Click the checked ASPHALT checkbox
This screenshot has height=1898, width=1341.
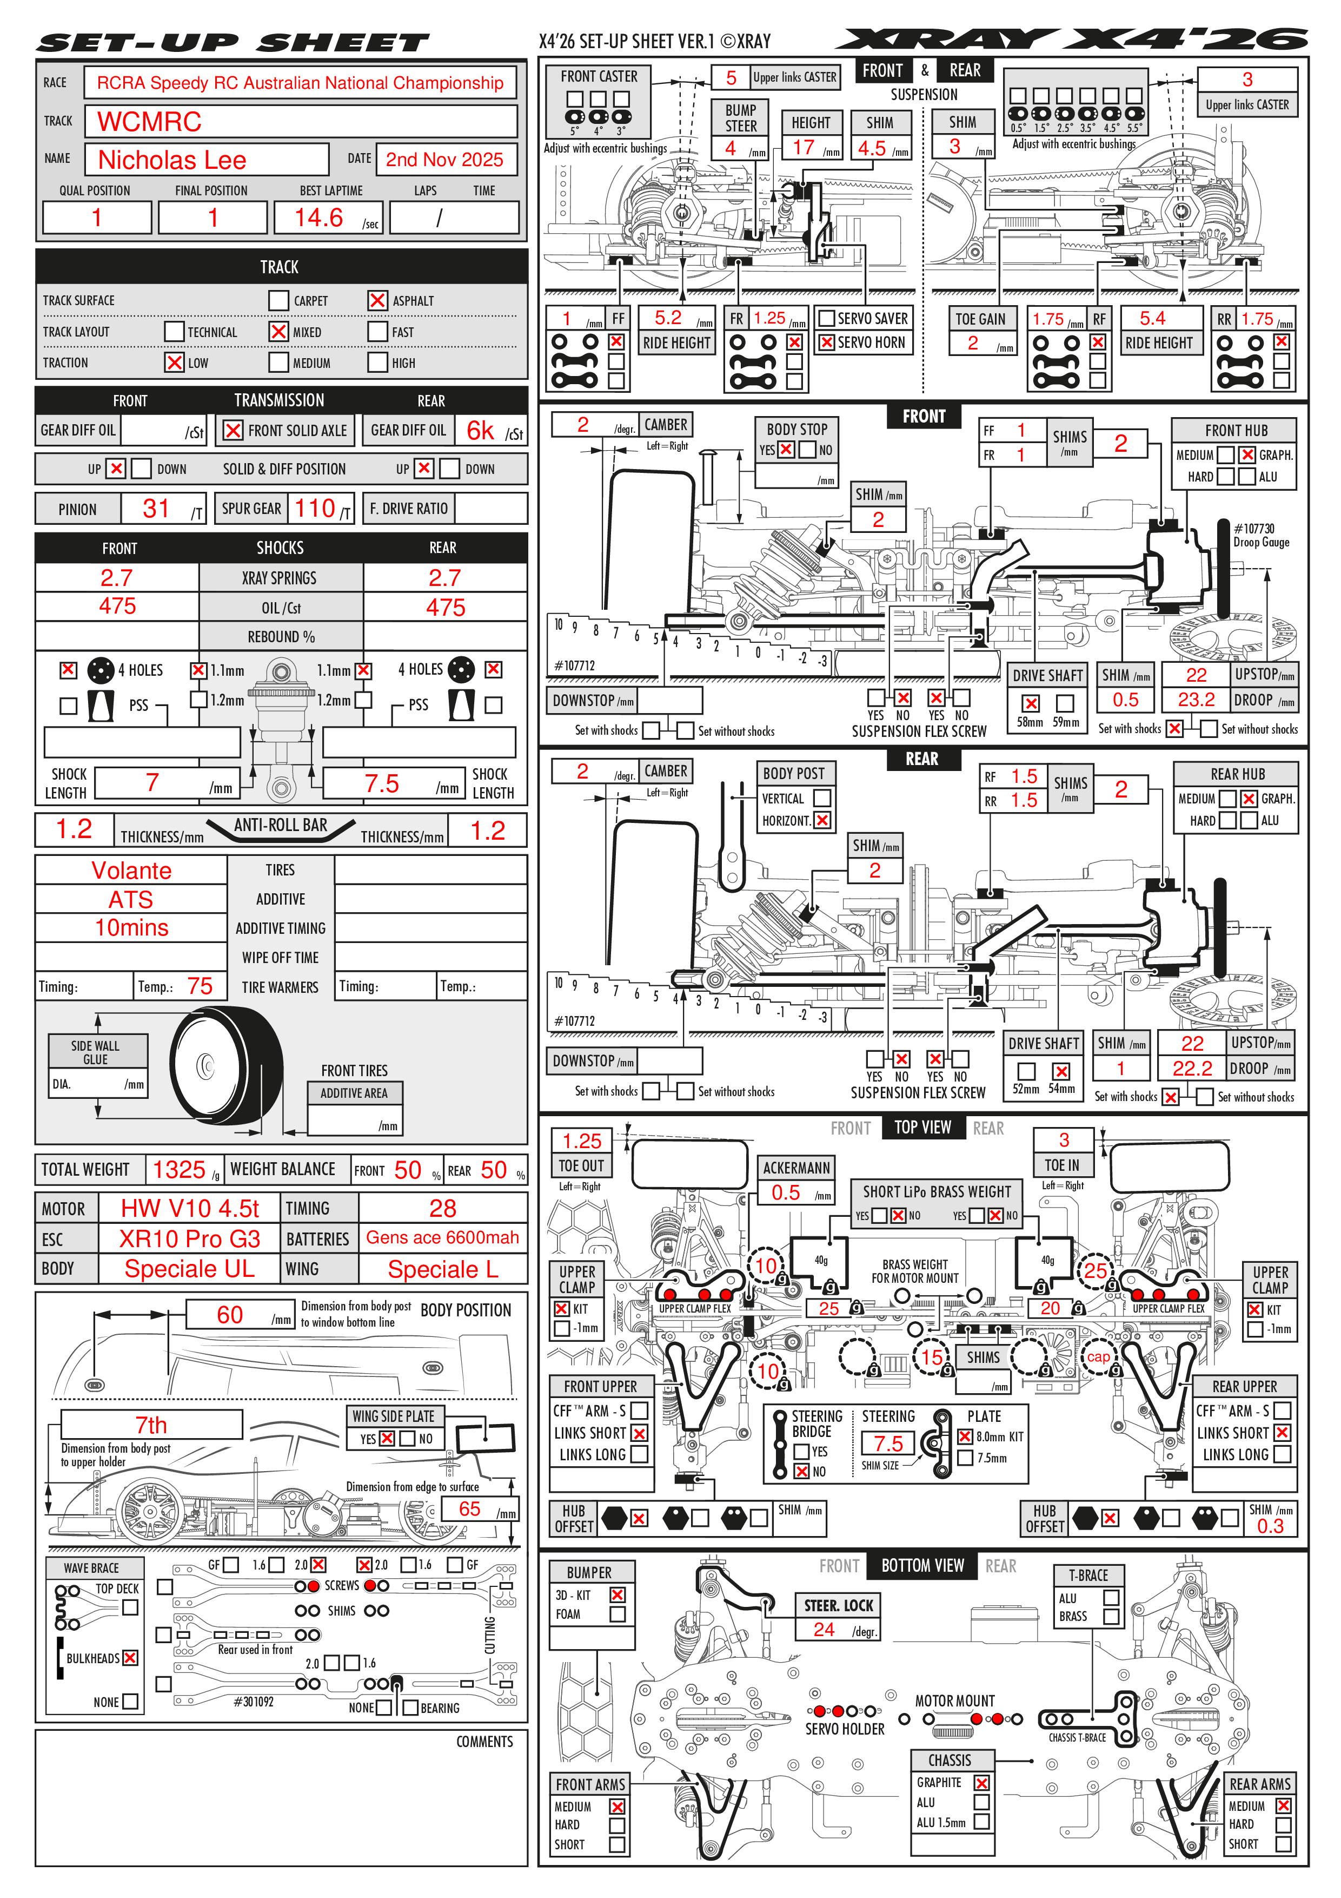(377, 300)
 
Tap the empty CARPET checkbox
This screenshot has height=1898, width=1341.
(278, 300)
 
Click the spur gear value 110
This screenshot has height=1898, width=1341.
(315, 509)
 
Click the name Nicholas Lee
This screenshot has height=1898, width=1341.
(172, 160)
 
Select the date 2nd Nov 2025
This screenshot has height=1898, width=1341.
(444, 160)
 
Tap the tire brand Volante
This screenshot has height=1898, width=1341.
(131, 871)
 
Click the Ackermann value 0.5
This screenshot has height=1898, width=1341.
(786, 1192)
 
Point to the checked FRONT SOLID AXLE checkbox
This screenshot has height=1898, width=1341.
(233, 431)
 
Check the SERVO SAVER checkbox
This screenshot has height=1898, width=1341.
(826, 318)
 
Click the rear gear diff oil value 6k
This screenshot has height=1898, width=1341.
(480, 431)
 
